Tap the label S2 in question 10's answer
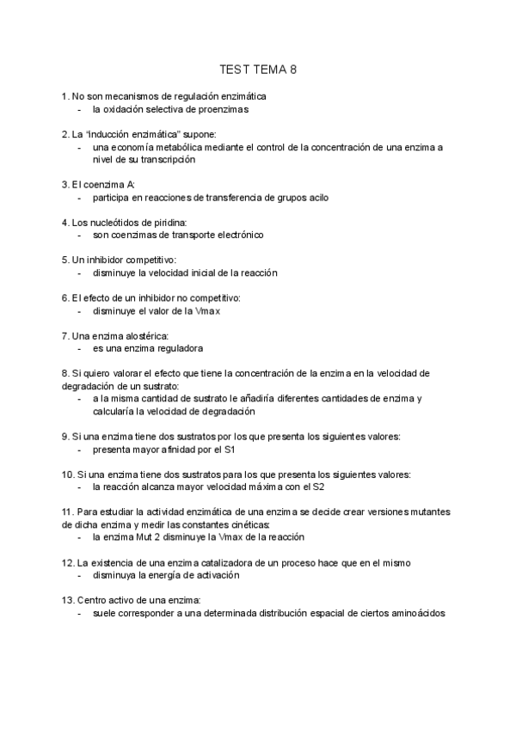[x=317, y=487]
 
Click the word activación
[x=212, y=575]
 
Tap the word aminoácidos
[x=415, y=613]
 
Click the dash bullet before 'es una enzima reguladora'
[x=79, y=348]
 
